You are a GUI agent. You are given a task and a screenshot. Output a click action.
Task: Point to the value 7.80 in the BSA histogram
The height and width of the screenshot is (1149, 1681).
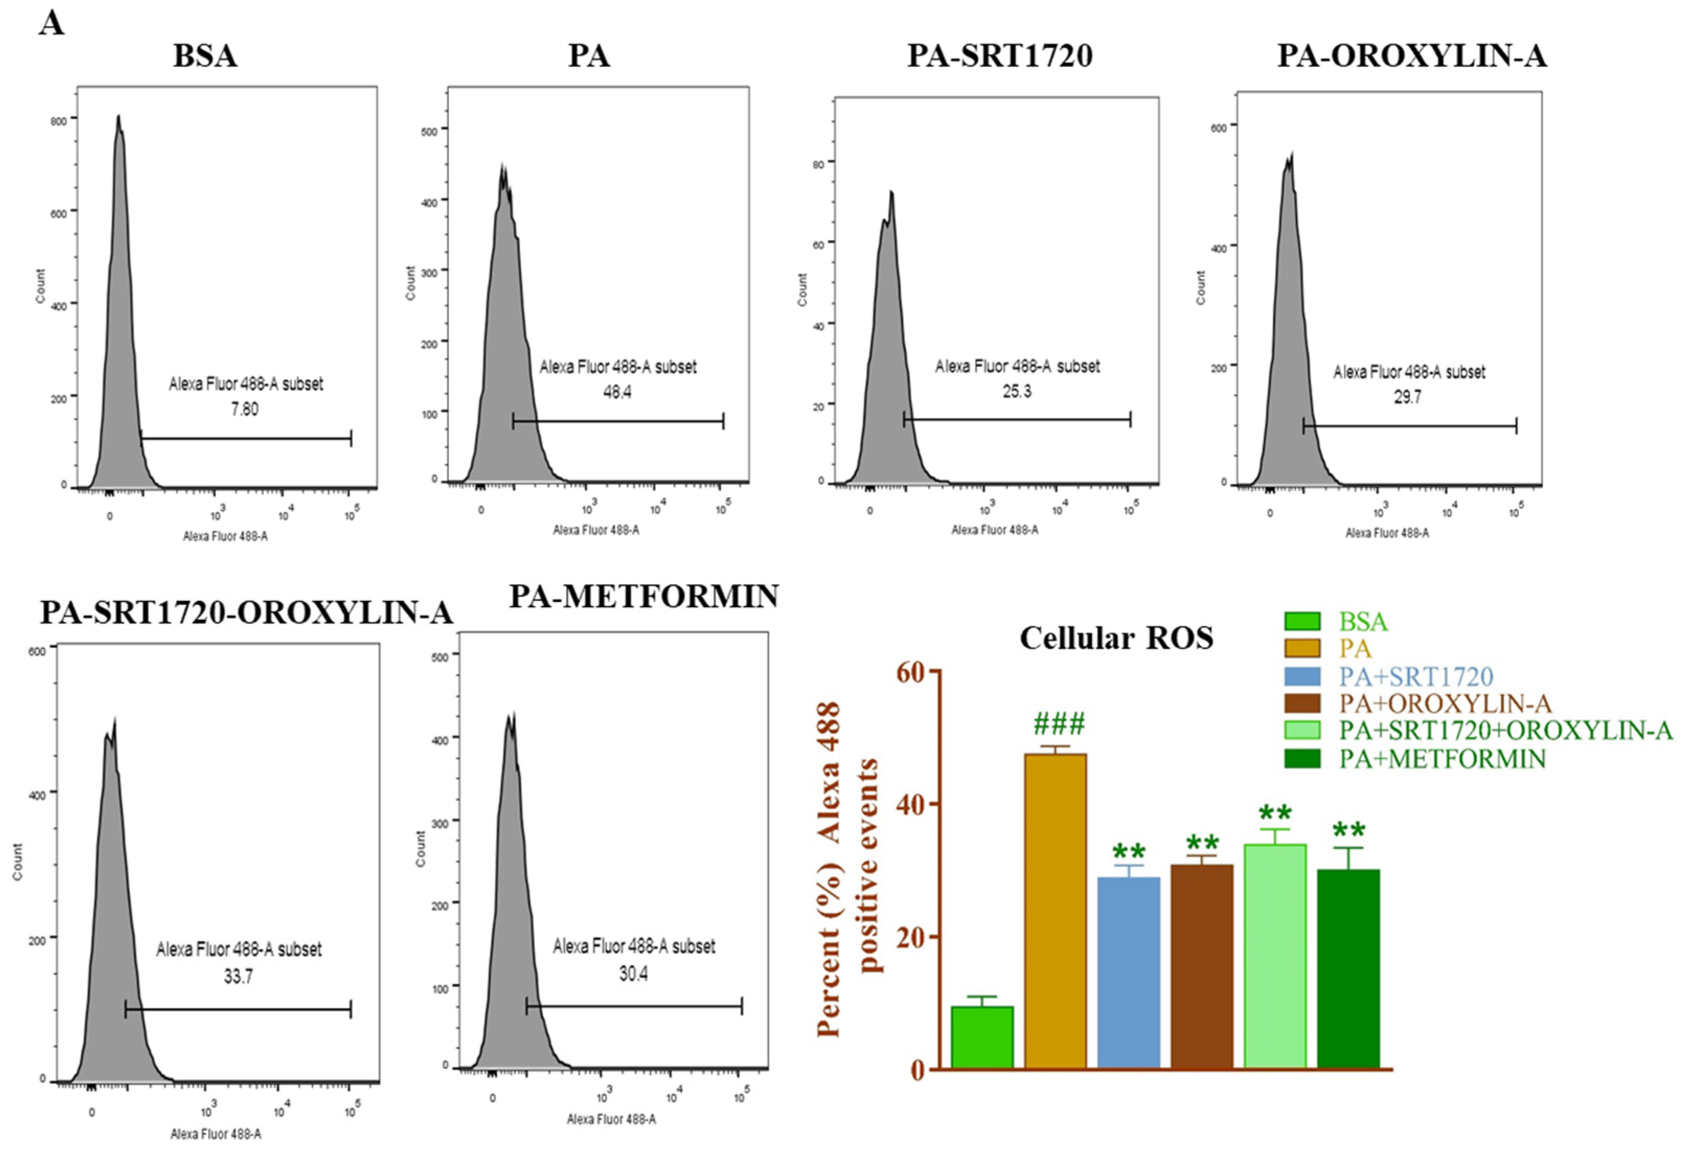coord(245,409)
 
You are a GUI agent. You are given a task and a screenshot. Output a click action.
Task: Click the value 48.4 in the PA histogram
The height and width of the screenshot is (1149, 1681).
coord(617,392)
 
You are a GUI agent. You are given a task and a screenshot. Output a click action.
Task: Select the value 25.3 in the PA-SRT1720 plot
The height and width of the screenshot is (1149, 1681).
coord(1016,391)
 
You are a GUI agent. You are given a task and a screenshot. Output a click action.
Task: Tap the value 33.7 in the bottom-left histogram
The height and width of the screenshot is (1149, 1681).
coord(238,977)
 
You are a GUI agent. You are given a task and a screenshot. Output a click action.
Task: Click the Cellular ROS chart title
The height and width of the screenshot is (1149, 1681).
coord(1116,638)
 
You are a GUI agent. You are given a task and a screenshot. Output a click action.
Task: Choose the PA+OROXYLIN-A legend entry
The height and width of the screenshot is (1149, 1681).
coord(1445,703)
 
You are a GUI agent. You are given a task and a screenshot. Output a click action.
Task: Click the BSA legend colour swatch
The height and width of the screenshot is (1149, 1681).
coord(1302,621)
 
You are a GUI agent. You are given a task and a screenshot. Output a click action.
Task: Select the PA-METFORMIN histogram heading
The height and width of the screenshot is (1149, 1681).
coord(644,596)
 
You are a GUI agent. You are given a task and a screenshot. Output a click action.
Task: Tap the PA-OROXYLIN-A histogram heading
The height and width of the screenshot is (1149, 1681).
coord(1411,56)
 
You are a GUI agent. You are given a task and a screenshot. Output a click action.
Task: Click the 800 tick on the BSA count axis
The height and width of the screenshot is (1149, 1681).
coord(58,121)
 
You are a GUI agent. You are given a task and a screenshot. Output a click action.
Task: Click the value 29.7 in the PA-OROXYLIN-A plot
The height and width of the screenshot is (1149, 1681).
coord(1408,396)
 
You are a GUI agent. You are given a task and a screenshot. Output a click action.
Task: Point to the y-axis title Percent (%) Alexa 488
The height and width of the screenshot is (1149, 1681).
coord(829,868)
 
